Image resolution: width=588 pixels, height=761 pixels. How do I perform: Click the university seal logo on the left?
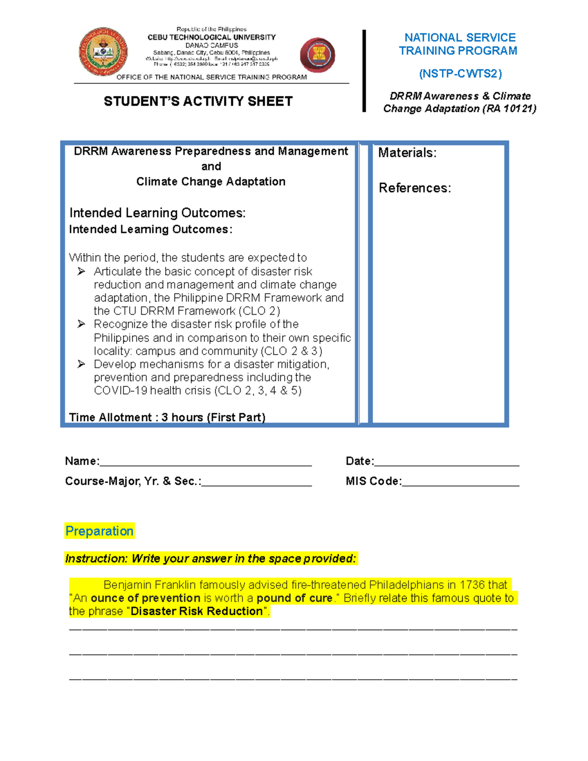click(103, 52)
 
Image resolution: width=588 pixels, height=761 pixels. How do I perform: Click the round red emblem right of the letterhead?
click(318, 55)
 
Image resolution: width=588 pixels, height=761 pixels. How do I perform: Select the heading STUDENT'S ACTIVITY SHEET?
click(198, 101)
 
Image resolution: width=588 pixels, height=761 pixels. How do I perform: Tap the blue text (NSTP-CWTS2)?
click(460, 74)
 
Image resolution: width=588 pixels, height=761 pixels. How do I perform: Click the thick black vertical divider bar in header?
click(364, 71)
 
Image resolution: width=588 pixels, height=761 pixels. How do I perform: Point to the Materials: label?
click(407, 153)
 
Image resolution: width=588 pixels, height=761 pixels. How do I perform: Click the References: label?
click(415, 188)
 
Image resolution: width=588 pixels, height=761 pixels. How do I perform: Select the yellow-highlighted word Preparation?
click(99, 531)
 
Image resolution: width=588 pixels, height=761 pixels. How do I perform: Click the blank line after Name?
click(205, 462)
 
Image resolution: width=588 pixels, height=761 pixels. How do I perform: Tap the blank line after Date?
click(446, 462)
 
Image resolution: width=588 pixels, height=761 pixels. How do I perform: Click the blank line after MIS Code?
click(460, 482)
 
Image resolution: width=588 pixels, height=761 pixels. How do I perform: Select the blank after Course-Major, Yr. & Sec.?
click(256, 482)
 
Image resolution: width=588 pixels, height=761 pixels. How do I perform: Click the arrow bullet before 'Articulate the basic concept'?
click(81, 271)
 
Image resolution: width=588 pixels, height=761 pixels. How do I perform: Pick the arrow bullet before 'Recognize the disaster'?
click(81, 324)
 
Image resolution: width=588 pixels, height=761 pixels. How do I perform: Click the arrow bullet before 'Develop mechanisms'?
click(81, 364)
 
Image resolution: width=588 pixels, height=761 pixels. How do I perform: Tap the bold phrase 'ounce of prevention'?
click(146, 598)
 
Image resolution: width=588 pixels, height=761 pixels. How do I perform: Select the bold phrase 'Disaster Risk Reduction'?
click(197, 612)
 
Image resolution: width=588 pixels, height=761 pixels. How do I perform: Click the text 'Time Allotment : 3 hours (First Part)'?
click(167, 417)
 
